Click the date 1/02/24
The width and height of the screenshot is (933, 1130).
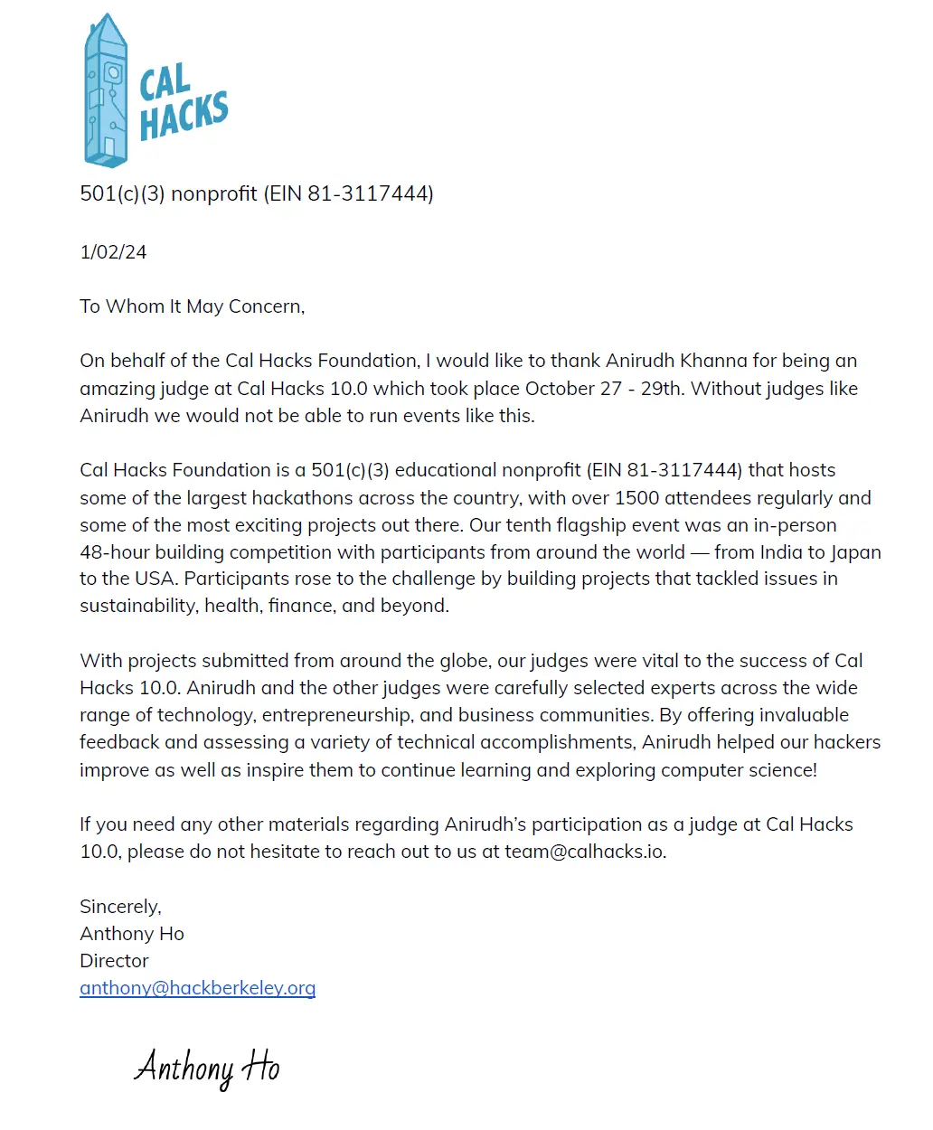[113, 252]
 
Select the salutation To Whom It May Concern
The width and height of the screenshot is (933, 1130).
[192, 306]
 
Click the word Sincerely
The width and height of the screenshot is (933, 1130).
[120, 906]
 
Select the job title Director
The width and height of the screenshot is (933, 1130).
[114, 960]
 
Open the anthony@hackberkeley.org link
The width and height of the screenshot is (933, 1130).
[197, 988]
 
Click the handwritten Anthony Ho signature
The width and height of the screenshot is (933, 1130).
[207, 1068]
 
